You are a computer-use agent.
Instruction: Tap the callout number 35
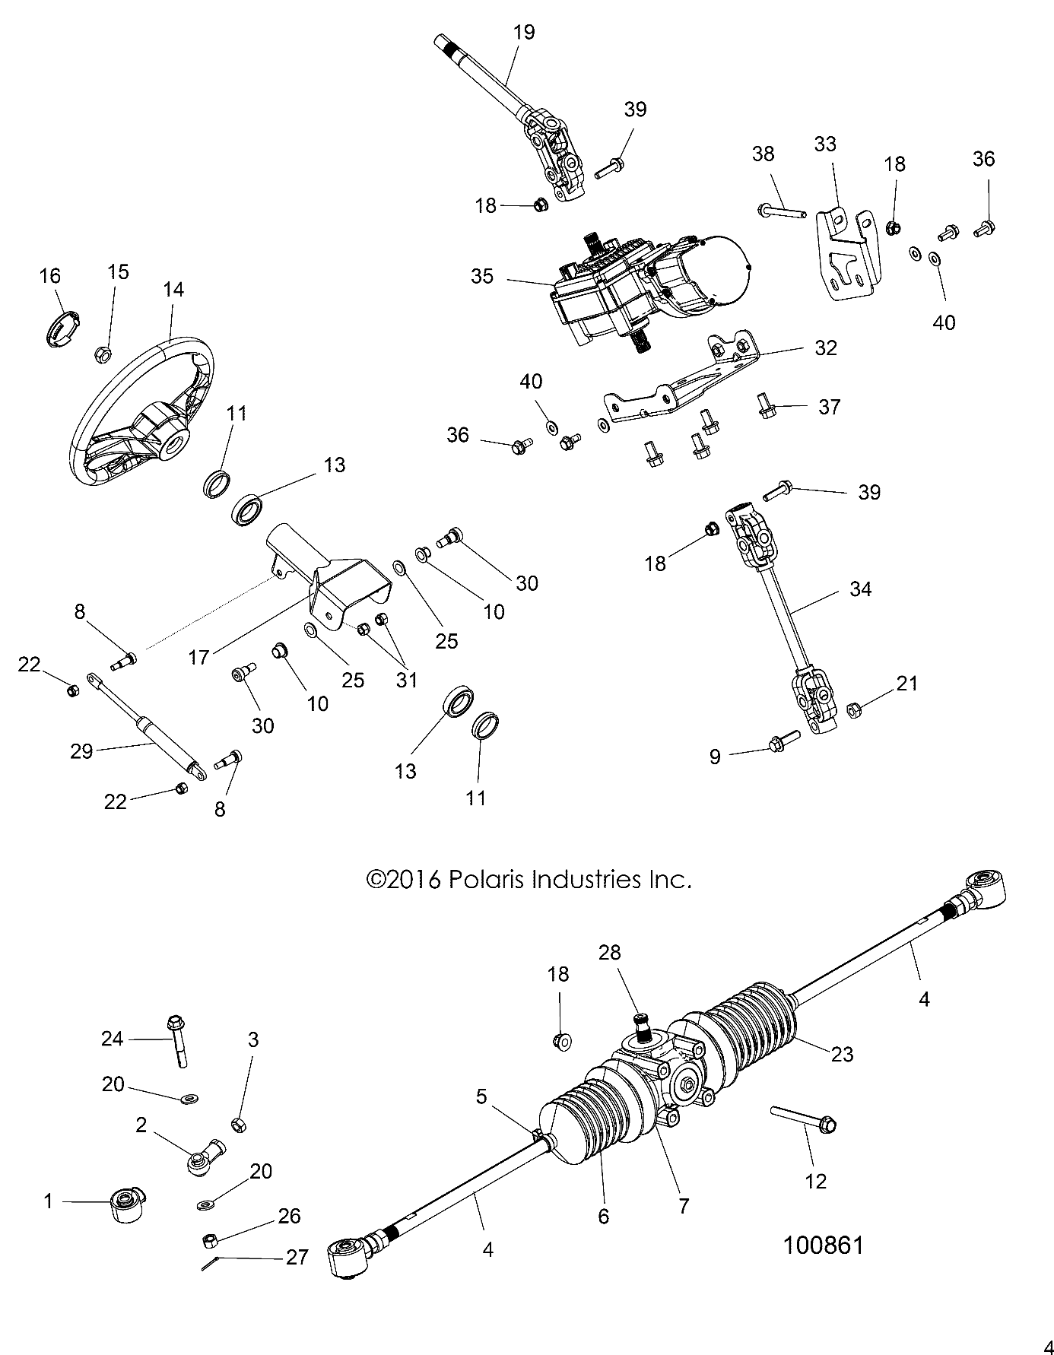point(482,276)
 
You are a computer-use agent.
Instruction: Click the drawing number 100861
point(824,1245)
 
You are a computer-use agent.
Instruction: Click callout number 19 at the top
point(524,32)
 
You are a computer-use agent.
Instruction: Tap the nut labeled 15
point(103,354)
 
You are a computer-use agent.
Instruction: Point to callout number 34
point(860,589)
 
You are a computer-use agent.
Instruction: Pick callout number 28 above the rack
point(610,952)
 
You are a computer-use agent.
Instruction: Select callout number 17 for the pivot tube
point(199,656)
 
